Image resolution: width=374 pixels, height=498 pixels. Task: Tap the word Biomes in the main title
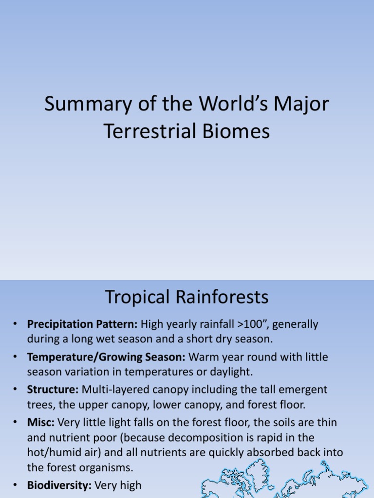237,131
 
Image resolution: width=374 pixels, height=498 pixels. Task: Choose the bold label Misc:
41,422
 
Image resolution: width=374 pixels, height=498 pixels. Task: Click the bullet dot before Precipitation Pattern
16,324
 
